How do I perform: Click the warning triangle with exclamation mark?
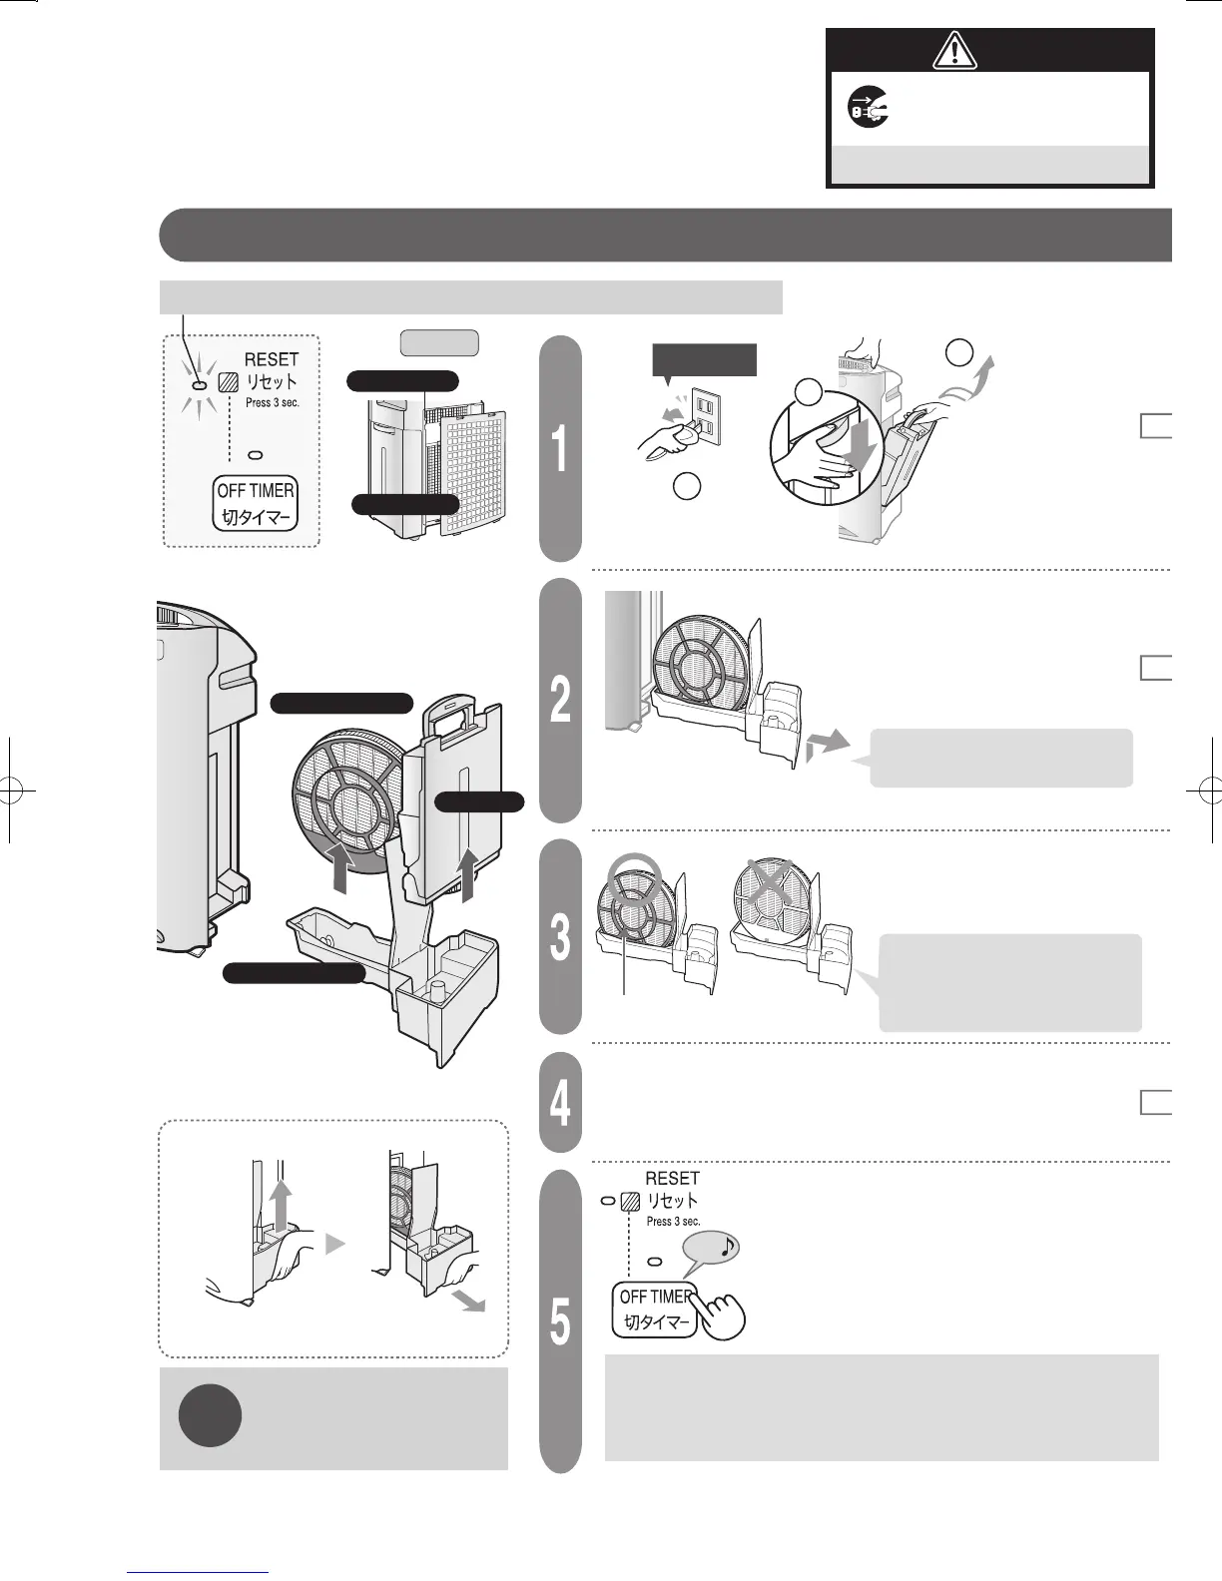point(955,50)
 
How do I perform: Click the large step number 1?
point(561,448)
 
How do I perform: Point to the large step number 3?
point(561,936)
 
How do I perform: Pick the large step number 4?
point(561,1103)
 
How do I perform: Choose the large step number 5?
point(561,1322)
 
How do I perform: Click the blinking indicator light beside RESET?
point(199,385)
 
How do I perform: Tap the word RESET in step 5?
point(672,1179)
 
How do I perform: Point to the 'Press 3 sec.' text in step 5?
point(673,1222)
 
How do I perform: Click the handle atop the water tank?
point(459,716)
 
